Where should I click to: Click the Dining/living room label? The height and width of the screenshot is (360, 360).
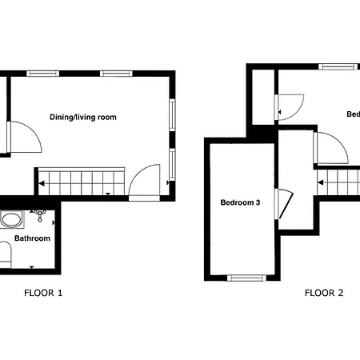pyautogui.click(x=83, y=117)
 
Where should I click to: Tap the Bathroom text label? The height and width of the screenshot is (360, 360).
pyautogui.click(x=32, y=238)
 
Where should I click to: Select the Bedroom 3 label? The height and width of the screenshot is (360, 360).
pyautogui.click(x=240, y=202)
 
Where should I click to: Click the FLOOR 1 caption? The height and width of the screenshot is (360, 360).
pyautogui.click(x=43, y=293)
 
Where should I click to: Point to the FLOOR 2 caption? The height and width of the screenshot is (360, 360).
pyautogui.click(x=324, y=293)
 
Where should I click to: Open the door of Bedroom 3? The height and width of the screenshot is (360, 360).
pyautogui.click(x=282, y=203)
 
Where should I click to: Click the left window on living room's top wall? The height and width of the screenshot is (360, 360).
pyautogui.click(x=42, y=74)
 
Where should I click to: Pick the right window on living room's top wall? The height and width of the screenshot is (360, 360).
pyautogui.click(x=115, y=74)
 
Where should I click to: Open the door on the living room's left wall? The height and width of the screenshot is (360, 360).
pyautogui.click(x=24, y=137)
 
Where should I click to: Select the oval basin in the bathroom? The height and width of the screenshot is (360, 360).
pyautogui.click(x=11, y=218)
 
